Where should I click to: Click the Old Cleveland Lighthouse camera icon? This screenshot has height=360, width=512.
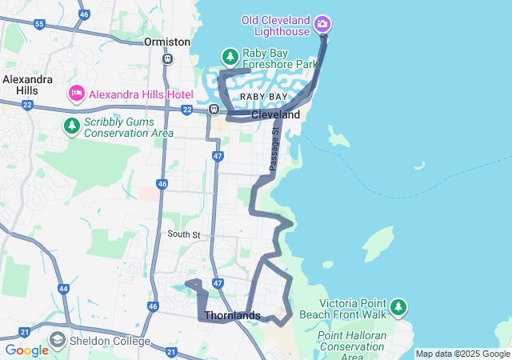[322, 24]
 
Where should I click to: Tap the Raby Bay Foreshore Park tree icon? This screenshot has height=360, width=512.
[230, 57]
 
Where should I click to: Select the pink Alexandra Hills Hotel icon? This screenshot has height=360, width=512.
[77, 94]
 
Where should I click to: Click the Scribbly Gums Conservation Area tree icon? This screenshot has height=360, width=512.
[72, 126]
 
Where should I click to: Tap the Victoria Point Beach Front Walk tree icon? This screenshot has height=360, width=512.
[398, 307]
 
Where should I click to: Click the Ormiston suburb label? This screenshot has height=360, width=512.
[167, 42]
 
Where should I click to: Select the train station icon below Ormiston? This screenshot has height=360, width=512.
[167, 58]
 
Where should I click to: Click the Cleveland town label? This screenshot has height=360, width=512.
[275, 115]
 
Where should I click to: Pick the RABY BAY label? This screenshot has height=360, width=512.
[264, 97]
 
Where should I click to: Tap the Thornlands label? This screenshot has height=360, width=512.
[232, 315]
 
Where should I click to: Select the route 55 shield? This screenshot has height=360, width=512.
[40, 25]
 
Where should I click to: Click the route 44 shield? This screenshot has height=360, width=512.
[63, 288]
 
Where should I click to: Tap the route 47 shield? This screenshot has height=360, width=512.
[218, 155]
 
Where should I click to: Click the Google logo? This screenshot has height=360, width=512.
[26, 350]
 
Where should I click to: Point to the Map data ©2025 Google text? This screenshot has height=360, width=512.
[462, 354]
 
